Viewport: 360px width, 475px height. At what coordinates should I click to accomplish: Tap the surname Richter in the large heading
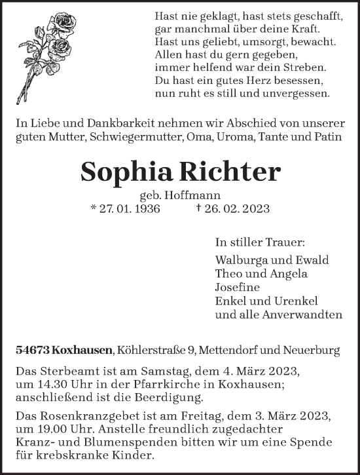(235, 172)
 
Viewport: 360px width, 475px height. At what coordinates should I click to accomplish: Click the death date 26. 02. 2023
(234, 208)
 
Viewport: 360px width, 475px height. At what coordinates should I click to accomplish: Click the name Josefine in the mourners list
(237, 287)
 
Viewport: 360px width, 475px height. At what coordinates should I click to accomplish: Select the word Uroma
(238, 136)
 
